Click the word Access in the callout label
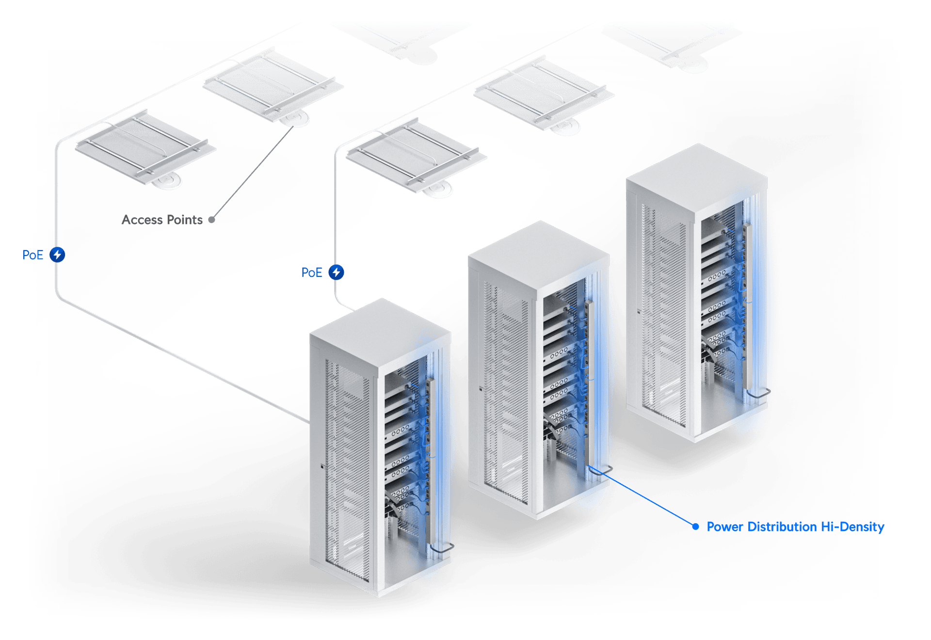click(x=141, y=220)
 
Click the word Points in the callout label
click(x=185, y=220)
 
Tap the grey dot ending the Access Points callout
click(x=211, y=220)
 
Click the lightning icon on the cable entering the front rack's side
click(x=57, y=255)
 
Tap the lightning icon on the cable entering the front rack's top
click(x=337, y=272)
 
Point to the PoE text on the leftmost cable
click(x=33, y=255)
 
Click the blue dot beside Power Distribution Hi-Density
click(x=695, y=526)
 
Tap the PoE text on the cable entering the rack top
click(x=312, y=272)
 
